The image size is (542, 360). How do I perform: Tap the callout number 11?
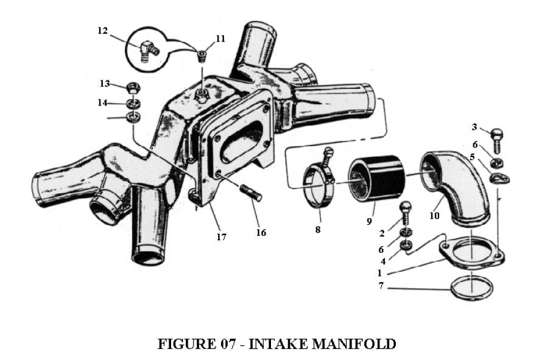[220, 38]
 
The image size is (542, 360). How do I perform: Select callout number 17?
[221, 236]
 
